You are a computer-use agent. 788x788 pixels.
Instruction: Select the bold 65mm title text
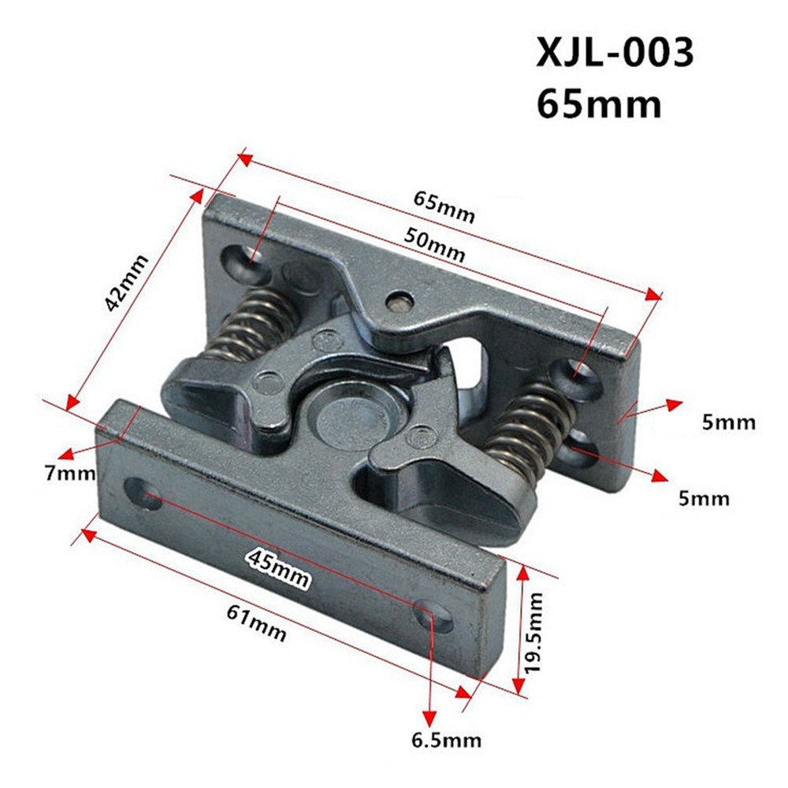[599, 103]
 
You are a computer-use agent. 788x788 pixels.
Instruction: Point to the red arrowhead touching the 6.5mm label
[429, 719]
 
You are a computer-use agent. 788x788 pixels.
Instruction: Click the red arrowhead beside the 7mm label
[69, 454]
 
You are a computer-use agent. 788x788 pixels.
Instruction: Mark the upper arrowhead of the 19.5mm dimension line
[521, 574]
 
